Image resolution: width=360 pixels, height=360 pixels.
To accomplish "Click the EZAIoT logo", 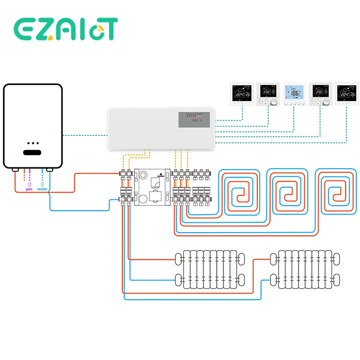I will pos(66,30).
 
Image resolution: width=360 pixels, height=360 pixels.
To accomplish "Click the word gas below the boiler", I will pos(29,189).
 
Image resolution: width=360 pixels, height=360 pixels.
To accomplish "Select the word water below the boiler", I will pos(42,189).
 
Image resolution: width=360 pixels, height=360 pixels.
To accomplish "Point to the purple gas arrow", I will pos(29,184).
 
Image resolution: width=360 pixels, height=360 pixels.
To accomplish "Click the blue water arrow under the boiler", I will pos(43,184).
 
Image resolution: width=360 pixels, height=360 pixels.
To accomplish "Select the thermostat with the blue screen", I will pos(294,94).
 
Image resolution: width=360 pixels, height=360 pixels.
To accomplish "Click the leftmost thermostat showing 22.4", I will pos(242,94).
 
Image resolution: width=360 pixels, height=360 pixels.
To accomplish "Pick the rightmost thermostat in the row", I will pos(346,94).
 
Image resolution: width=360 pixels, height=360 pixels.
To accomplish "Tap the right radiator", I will pos(306,269).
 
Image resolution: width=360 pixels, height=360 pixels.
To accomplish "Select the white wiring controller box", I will pos(162,128).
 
